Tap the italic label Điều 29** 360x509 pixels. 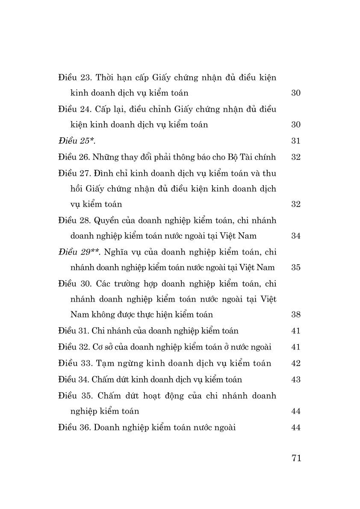click(79, 252)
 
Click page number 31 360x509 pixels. click(296, 141)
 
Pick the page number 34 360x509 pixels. click(296, 236)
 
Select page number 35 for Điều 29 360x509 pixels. click(296, 267)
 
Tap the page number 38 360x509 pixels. click(296, 314)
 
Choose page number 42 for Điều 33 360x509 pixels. click(296, 363)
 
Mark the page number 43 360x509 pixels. click(296, 379)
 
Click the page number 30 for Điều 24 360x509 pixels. click(296, 124)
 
